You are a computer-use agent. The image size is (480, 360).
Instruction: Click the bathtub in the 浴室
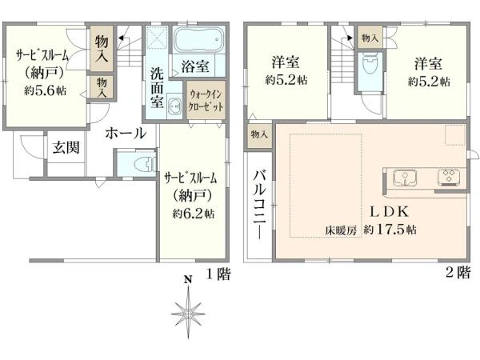(x=198, y=40)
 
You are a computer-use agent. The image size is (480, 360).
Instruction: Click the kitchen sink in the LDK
(x=406, y=175)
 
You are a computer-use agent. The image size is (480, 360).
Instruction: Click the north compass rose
(x=189, y=308)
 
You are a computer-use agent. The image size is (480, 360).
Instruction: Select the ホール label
(x=125, y=134)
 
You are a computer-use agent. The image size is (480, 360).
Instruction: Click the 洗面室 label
(x=157, y=86)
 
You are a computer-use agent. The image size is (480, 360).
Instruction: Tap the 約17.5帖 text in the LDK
(x=390, y=230)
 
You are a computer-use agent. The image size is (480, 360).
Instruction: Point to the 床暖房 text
(x=339, y=230)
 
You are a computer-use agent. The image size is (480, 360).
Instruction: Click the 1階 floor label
(x=218, y=274)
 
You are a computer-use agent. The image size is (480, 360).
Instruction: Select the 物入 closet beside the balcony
(x=259, y=134)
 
